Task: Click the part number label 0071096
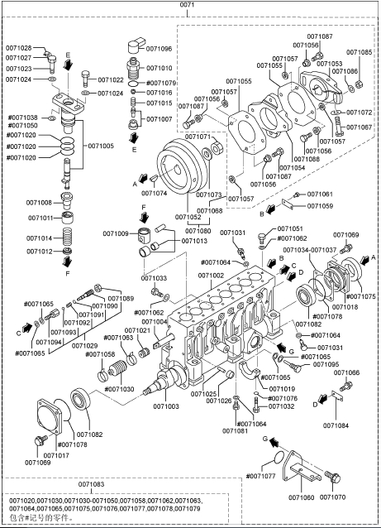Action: (159, 49)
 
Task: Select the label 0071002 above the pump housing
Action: (211, 276)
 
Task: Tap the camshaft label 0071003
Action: (166, 406)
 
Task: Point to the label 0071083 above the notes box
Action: (92, 484)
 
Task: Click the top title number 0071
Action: (187, 5)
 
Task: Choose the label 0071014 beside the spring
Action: (40, 238)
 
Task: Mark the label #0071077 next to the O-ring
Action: (260, 476)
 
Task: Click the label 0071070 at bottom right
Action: (332, 497)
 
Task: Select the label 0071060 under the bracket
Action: (302, 497)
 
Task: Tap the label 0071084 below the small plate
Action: (336, 425)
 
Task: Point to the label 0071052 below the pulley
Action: (188, 217)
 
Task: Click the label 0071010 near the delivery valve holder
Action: (160, 68)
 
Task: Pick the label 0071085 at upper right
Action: (360, 52)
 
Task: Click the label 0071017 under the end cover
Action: (56, 455)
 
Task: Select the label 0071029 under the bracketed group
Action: (85, 346)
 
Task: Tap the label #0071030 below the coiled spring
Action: (119, 389)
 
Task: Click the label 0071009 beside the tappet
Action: (116, 233)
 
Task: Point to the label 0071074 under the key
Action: (154, 194)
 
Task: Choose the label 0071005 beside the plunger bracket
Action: (101, 146)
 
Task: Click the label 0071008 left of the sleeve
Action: (39, 203)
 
